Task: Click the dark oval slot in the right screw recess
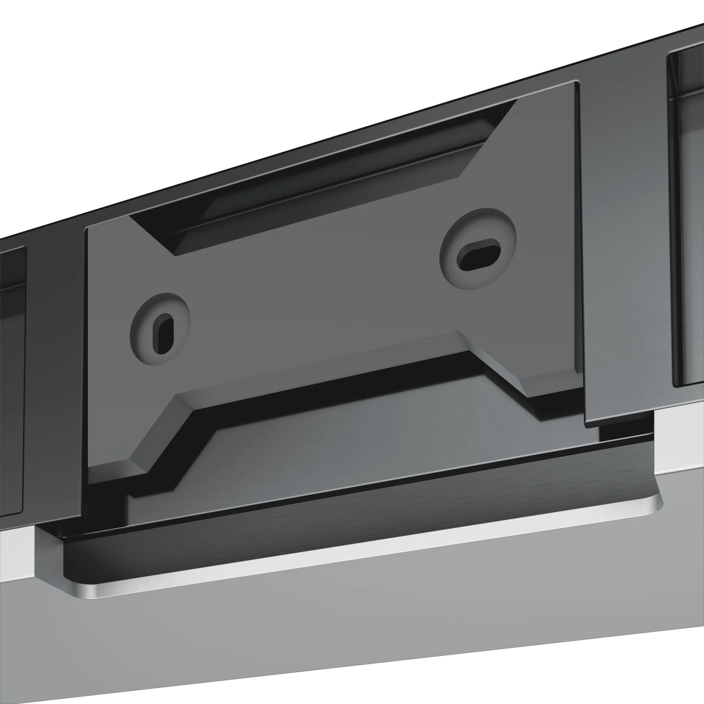click(x=478, y=254)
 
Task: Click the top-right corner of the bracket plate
click(x=575, y=85)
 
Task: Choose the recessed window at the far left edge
click(x=11, y=383)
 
